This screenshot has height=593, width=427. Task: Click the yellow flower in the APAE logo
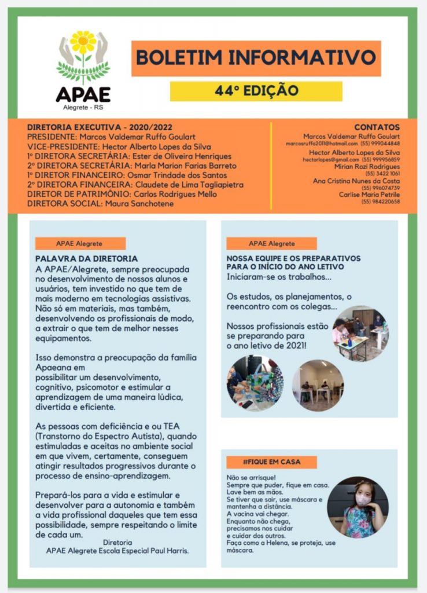tap(83, 42)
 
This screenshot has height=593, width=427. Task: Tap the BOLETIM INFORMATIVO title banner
tap(256, 58)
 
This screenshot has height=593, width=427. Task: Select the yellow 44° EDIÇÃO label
tap(256, 91)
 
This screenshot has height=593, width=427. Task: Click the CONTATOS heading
tap(377, 127)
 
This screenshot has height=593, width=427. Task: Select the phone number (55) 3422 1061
tap(382, 173)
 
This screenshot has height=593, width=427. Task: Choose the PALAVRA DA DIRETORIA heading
tap(86, 259)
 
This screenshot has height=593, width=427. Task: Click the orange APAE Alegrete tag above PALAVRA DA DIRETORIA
tap(80, 244)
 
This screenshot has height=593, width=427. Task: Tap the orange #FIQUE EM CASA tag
tap(271, 462)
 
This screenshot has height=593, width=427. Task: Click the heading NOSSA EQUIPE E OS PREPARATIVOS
tap(293, 258)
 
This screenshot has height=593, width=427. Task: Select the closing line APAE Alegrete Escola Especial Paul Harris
tap(117, 551)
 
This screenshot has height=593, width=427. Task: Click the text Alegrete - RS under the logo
tap(83, 108)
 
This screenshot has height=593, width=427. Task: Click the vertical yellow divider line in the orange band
tap(271, 165)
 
